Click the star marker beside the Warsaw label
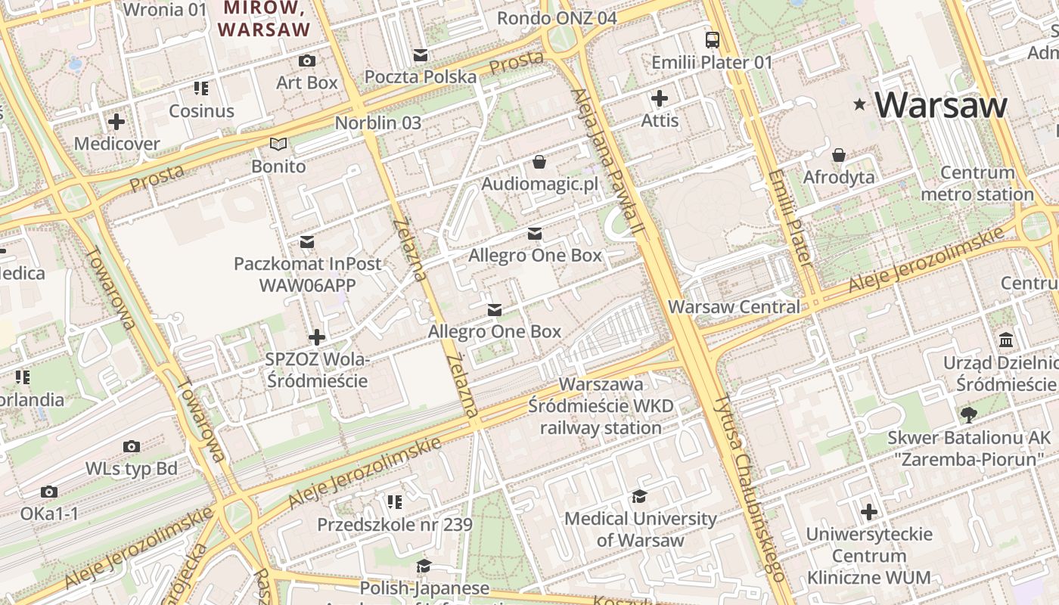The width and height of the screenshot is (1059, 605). (x=859, y=104)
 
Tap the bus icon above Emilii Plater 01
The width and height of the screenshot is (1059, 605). (x=712, y=39)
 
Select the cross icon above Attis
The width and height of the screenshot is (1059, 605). (x=660, y=98)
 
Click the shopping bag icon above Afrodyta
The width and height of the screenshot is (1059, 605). (x=839, y=155)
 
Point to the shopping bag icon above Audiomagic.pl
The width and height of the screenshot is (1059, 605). (x=539, y=161)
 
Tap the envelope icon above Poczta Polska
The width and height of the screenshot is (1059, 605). (x=421, y=54)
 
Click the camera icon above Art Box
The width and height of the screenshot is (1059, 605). (x=307, y=60)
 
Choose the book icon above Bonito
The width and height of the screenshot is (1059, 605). (x=278, y=144)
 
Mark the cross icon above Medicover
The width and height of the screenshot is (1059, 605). (x=116, y=121)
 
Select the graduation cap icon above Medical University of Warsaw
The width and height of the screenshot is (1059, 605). (x=639, y=496)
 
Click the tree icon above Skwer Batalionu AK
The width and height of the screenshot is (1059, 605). (x=968, y=414)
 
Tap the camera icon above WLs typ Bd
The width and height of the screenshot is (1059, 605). (x=132, y=446)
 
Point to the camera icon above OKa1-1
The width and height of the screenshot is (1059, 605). (x=49, y=492)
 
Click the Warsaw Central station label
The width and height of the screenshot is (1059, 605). (x=734, y=307)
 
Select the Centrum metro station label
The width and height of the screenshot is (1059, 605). (x=977, y=184)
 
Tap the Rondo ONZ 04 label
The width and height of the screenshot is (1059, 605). (x=557, y=18)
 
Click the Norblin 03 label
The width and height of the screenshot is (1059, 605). (x=377, y=123)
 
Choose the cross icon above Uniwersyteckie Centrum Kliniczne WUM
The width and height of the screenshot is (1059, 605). (x=869, y=512)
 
